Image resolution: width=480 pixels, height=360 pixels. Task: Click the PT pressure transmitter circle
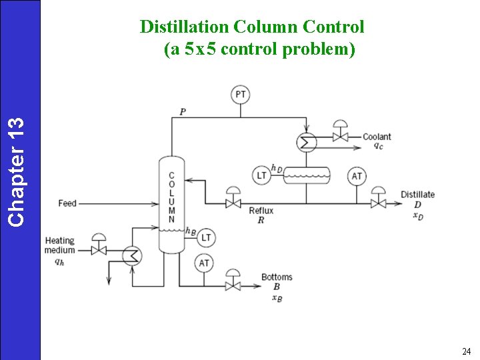click(241, 95)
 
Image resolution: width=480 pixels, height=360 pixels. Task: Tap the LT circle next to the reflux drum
click(261, 175)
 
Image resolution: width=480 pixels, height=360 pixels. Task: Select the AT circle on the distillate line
click(357, 176)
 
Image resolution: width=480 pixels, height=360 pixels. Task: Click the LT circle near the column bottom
click(206, 237)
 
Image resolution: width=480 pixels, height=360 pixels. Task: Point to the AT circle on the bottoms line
click(204, 263)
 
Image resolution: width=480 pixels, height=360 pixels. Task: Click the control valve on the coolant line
click(341, 137)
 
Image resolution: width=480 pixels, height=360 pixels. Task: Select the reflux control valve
click(233, 202)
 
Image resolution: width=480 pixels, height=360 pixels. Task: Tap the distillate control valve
click(378, 202)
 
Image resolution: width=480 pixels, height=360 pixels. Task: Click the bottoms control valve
click(233, 285)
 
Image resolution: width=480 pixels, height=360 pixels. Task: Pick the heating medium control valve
click(99, 250)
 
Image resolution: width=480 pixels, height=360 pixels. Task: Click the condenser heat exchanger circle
click(307, 141)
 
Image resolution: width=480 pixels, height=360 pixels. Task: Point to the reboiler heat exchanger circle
click(131, 255)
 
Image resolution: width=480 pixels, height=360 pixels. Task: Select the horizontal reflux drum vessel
click(307, 175)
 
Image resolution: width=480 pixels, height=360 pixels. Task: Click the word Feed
click(67, 203)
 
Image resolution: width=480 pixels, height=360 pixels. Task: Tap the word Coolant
click(377, 137)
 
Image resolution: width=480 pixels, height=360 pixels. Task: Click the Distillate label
click(417, 195)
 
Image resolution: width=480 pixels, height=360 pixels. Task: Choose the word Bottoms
click(277, 277)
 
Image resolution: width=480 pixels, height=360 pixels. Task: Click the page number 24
click(465, 351)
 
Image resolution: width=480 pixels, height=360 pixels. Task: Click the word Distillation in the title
click(185, 27)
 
